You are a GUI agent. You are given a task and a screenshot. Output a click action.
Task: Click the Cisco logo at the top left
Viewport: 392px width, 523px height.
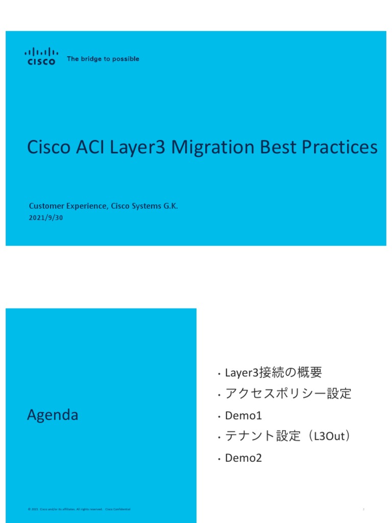(41, 56)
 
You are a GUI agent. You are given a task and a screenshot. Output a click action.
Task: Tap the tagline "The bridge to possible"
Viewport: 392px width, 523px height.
(103, 59)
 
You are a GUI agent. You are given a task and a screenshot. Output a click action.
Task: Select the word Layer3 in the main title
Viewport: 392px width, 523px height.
(141, 148)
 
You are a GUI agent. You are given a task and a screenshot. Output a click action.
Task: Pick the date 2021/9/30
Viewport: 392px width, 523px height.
(46, 218)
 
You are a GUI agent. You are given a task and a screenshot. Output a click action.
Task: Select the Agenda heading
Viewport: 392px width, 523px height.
(53, 415)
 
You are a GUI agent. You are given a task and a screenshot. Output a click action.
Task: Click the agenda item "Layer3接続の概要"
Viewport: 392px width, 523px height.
(274, 373)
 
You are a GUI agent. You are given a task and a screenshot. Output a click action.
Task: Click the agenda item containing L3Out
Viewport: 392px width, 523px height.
(288, 437)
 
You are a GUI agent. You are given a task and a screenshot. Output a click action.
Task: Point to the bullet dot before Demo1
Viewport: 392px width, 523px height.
(218, 417)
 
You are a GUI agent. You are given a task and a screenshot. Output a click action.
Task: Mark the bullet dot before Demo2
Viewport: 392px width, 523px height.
(218, 459)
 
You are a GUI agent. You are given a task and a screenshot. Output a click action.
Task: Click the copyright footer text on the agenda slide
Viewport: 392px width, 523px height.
(79, 509)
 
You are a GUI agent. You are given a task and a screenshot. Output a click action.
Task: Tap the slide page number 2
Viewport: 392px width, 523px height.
(363, 509)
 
